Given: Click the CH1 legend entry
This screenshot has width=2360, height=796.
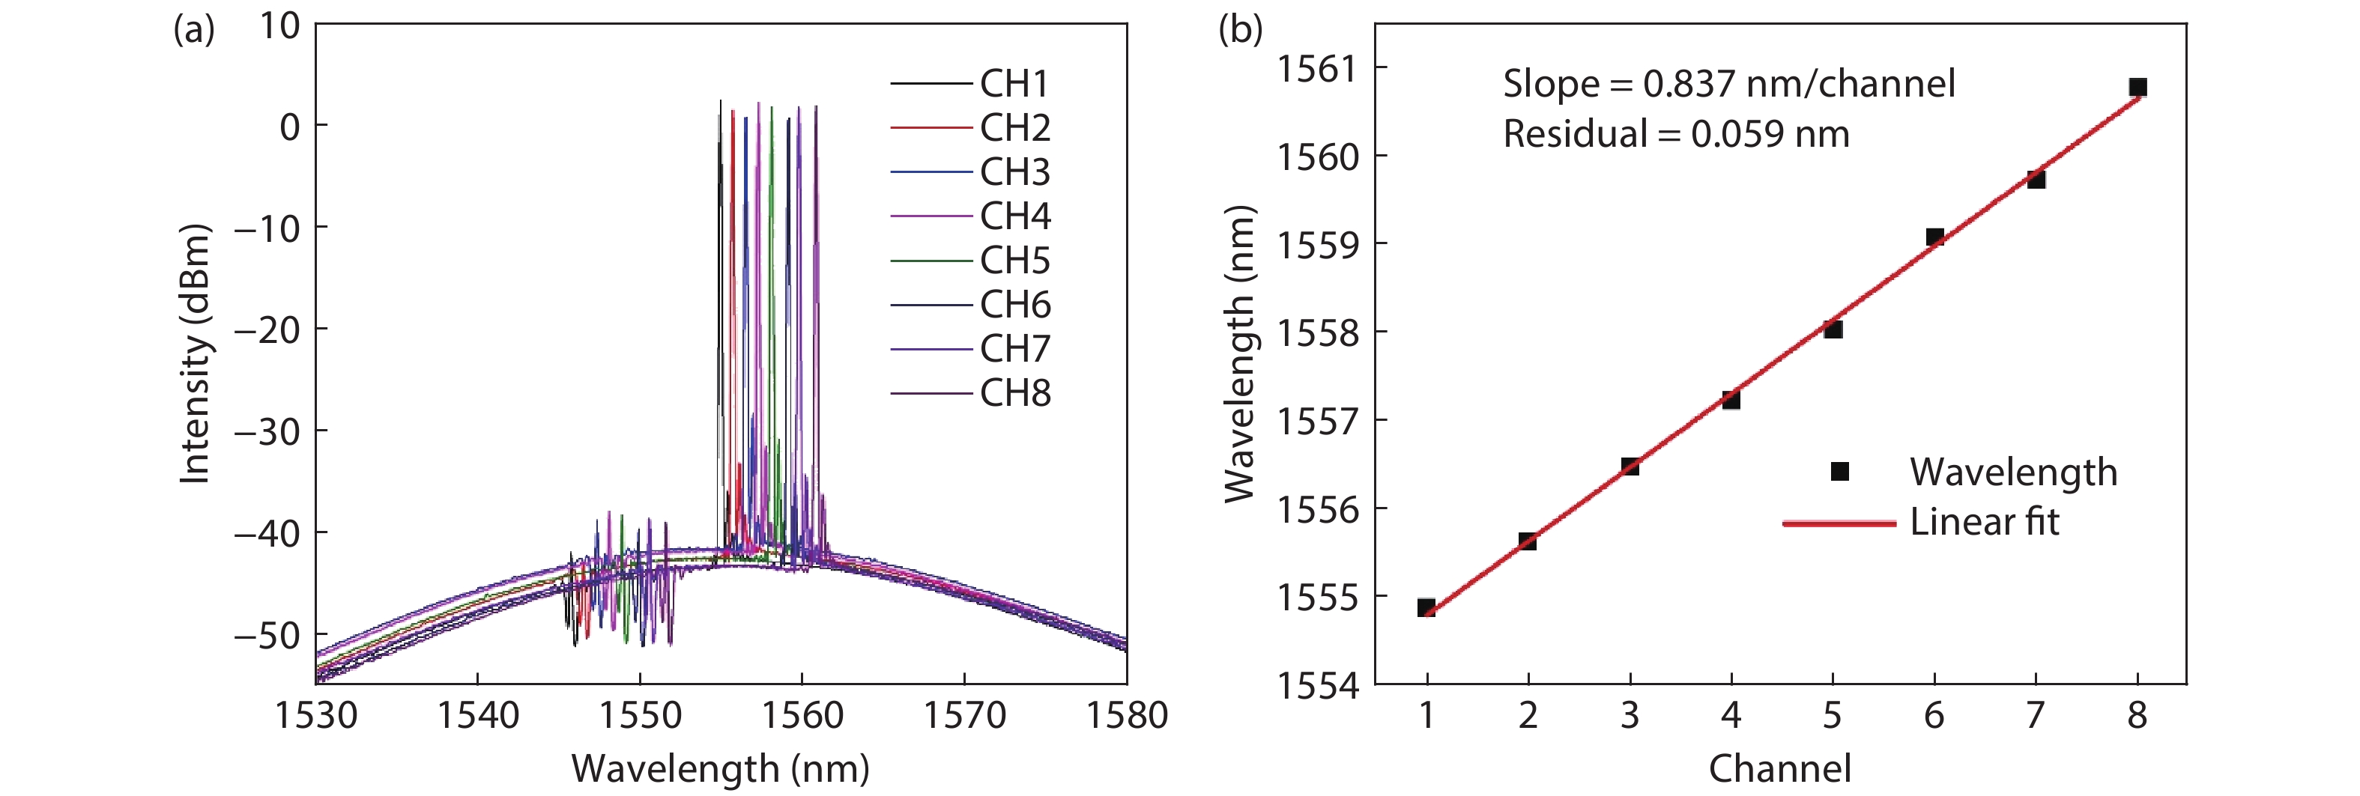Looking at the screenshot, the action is [x=970, y=83].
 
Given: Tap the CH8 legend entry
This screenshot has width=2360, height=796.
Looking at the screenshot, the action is [x=970, y=394].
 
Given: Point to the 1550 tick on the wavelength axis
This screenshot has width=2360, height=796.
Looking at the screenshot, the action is [x=640, y=714].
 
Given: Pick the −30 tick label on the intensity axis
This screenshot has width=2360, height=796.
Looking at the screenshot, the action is [x=267, y=431].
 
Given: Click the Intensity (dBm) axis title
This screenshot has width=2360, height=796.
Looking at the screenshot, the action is [x=194, y=353].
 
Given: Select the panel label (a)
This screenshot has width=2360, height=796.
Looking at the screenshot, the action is [x=194, y=30].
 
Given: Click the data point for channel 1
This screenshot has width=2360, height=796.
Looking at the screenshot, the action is [x=1426, y=607].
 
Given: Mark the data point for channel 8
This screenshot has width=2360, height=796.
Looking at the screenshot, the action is [x=2137, y=87].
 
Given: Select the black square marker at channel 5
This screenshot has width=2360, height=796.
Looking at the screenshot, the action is [x=1833, y=329].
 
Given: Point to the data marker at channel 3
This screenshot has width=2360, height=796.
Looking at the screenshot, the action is [x=1630, y=467].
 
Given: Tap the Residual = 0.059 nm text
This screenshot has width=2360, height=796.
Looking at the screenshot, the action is [x=1677, y=135].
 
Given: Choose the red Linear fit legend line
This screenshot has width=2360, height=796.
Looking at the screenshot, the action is [x=1839, y=523].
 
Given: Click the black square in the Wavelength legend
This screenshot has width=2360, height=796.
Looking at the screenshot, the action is [x=1839, y=471].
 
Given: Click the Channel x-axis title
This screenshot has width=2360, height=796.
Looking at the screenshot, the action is [x=1780, y=768].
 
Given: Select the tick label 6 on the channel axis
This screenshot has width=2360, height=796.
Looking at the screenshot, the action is [x=1934, y=714].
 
